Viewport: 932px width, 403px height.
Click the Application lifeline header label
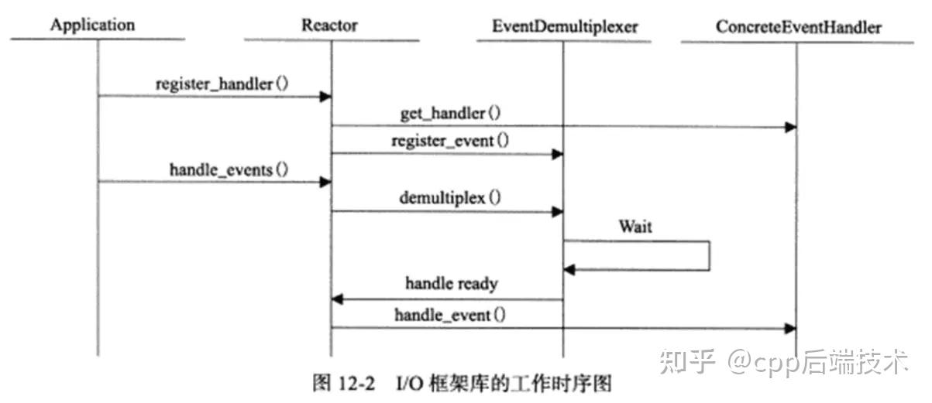click(x=92, y=26)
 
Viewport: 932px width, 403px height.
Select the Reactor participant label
click(x=329, y=26)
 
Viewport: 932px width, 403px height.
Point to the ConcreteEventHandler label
click(x=799, y=27)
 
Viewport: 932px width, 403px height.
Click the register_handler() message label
click(x=222, y=84)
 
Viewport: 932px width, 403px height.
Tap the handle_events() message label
click(x=229, y=169)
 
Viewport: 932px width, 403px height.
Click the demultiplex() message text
click(x=449, y=197)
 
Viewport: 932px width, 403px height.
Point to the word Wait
click(x=635, y=227)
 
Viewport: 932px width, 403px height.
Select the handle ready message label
click(x=451, y=284)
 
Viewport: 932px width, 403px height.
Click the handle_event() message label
click(x=451, y=314)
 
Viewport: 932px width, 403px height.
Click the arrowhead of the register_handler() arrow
click(x=326, y=96)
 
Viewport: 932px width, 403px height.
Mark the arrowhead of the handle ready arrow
click(x=338, y=299)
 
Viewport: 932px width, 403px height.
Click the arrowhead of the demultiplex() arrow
click(x=557, y=211)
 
